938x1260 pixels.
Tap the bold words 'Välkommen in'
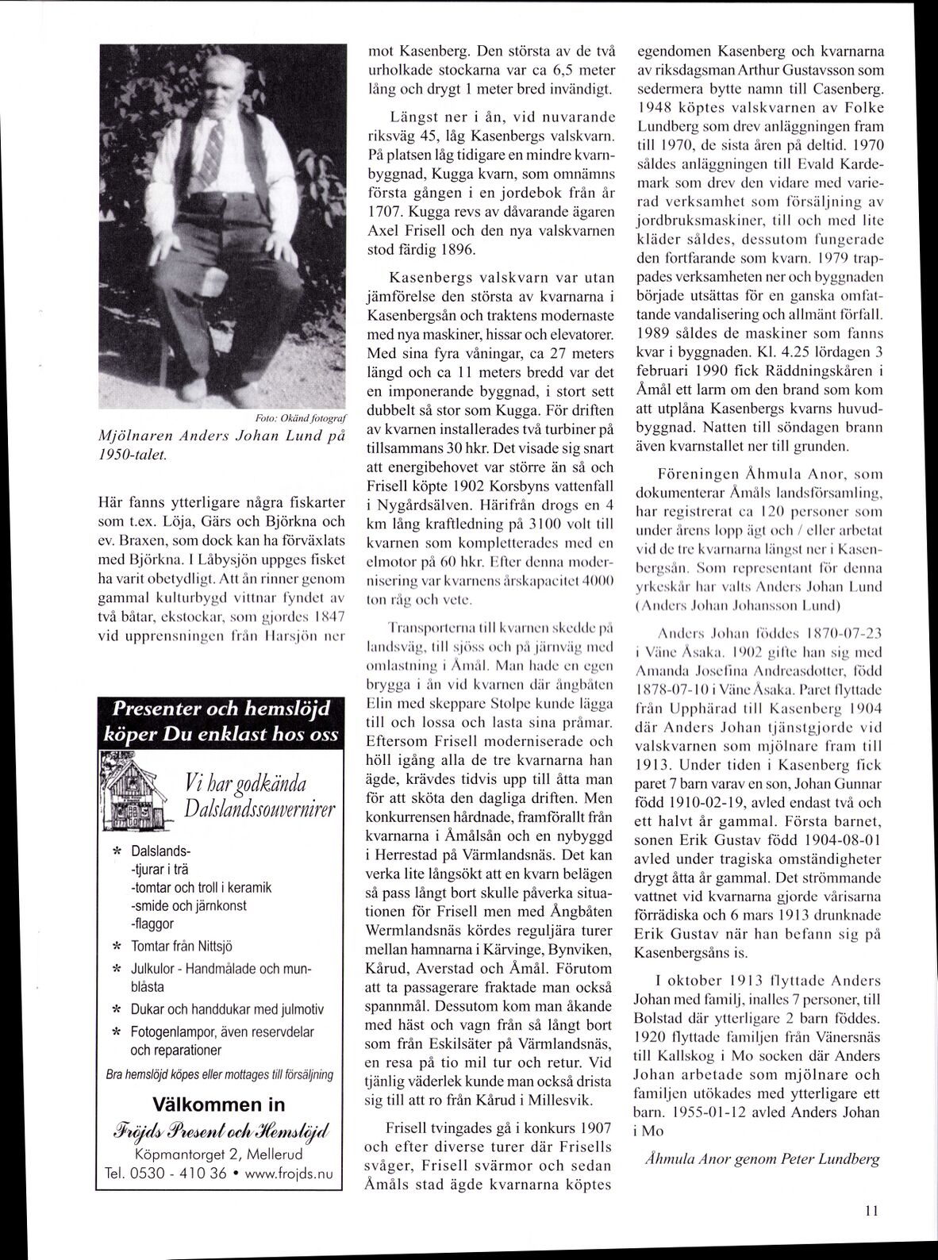tap(218, 1104)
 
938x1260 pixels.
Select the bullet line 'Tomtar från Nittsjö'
tap(182, 946)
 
